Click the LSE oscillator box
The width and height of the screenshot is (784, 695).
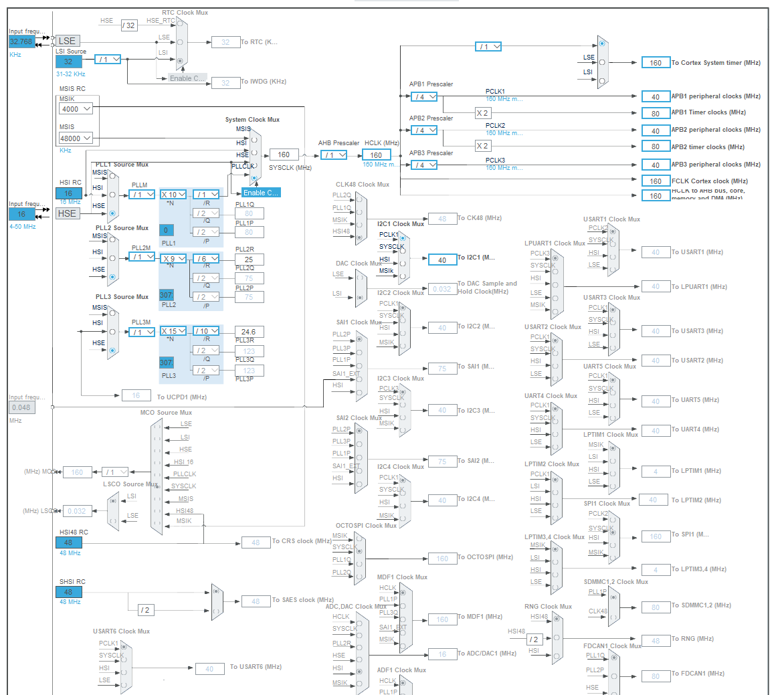68,41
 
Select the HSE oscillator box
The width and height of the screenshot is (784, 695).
67,213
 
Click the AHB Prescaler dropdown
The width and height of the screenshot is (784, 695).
334,155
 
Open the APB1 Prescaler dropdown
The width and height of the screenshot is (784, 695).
424,96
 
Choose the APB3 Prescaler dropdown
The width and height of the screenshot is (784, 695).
424,165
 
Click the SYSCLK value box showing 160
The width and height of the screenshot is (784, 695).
284,155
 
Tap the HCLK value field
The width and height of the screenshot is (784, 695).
377,155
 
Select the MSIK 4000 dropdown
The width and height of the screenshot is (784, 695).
77,108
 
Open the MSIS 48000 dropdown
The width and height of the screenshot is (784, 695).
77,138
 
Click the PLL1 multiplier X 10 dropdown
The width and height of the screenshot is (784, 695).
173,195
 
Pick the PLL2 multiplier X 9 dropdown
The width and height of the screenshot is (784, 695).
173,258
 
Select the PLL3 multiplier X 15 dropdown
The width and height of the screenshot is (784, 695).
173,331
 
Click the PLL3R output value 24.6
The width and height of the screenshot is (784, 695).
249,331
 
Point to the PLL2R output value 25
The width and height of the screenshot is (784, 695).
249,259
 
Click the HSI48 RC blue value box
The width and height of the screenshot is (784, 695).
68,542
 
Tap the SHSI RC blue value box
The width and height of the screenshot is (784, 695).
68,592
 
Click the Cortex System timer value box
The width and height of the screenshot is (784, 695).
656,62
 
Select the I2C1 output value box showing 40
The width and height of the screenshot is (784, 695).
442,260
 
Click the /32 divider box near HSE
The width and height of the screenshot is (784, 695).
129,25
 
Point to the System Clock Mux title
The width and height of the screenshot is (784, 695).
252,120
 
